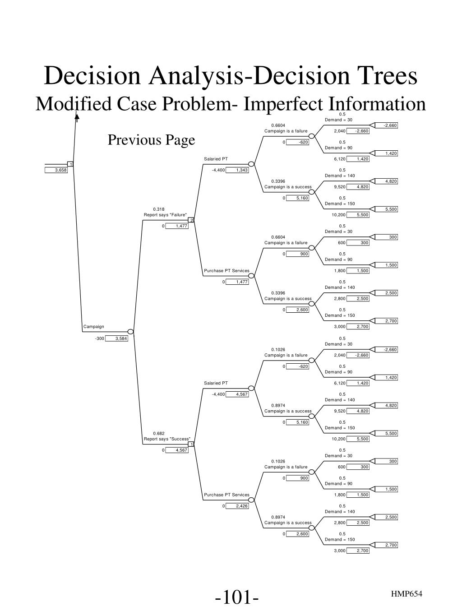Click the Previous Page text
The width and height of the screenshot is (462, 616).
click(151, 140)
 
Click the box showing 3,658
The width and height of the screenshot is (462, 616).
click(56, 170)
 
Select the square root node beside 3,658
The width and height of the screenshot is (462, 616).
click(70, 164)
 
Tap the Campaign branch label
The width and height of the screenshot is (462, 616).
click(93, 326)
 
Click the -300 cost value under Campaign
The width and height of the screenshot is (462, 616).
click(99, 338)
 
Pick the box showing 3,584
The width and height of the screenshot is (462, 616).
click(117, 338)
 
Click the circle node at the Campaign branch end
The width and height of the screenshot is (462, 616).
click(130, 332)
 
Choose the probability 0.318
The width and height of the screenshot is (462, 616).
click(158, 209)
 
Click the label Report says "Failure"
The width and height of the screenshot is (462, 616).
click(165, 215)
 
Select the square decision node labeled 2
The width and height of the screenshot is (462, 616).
click(191, 220)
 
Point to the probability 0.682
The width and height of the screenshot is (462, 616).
click(158, 433)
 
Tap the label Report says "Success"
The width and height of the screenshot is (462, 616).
click(167, 439)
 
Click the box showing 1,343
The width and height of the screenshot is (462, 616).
click(237, 170)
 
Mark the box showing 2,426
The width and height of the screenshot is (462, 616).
click(237, 506)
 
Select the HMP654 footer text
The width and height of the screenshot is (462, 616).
click(407, 594)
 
